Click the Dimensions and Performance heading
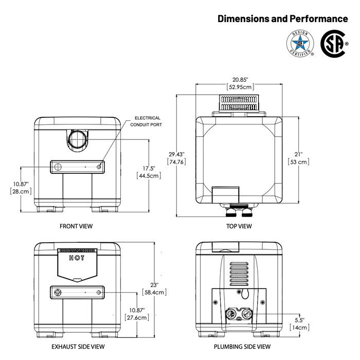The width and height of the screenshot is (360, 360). point(283,19)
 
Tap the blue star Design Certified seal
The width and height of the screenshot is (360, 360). point(300,43)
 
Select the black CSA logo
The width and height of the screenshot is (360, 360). point(334,44)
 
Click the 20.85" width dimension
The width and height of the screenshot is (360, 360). point(240,80)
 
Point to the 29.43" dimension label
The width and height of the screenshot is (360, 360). point(176,154)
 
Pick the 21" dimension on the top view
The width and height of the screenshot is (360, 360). point(299,154)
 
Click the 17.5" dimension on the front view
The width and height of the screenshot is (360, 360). point(149,169)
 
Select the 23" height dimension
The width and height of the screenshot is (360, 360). point(154,285)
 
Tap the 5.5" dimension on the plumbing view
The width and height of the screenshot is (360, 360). point(300,320)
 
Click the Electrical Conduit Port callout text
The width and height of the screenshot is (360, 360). point(146,121)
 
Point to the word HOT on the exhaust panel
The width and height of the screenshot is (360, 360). point(77,258)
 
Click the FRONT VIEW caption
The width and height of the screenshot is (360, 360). point(76,226)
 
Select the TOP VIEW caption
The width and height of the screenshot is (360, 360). point(239,226)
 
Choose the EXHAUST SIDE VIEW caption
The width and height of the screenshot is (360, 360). point(78,347)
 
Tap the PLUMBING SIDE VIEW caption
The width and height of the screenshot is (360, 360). point(242,347)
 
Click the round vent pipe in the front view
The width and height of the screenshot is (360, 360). point(78,139)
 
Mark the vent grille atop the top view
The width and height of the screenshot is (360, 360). point(239,103)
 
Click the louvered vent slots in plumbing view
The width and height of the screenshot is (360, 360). point(239,274)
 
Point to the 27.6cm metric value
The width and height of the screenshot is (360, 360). point(137,317)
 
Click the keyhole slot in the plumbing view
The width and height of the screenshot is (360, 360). point(245,294)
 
